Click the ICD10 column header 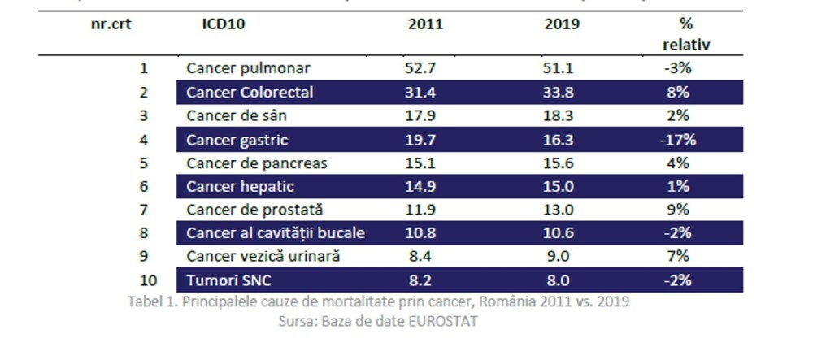(x=223, y=24)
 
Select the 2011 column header (x=425, y=24)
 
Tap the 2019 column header (x=562, y=24)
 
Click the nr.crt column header (x=111, y=24)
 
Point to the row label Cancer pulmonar (x=248, y=68)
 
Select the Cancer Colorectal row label (x=250, y=92)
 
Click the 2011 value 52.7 (x=421, y=68)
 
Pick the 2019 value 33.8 (x=558, y=92)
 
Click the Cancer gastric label (x=237, y=140)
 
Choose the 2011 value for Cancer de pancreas (x=421, y=163)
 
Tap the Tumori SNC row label (x=228, y=280)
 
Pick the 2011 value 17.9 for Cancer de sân (x=421, y=115)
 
